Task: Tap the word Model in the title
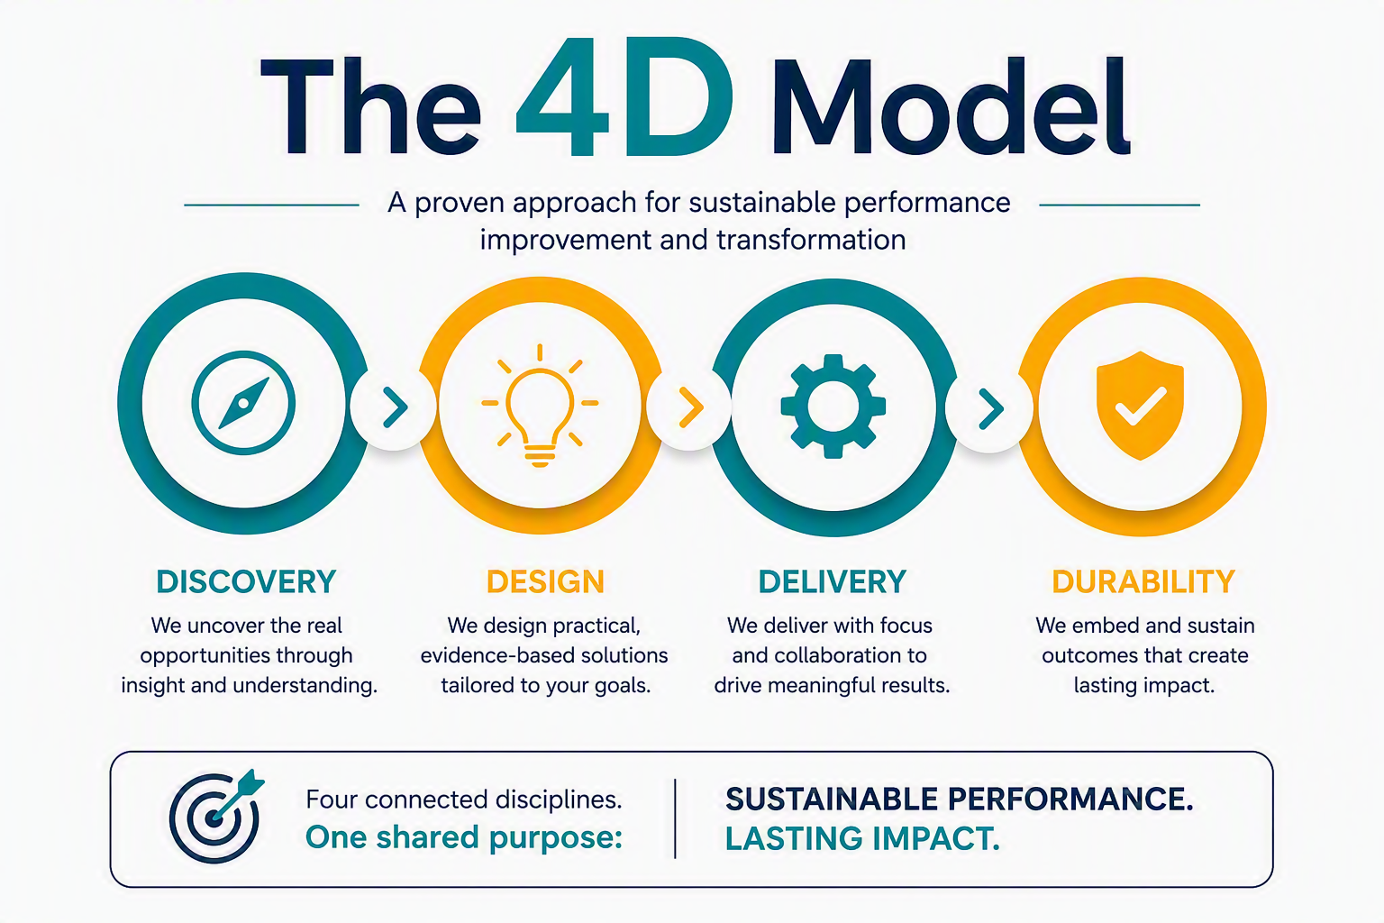coord(951,105)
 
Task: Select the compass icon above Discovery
coord(243,403)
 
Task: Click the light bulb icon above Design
coord(540,405)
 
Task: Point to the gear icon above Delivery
coord(833,407)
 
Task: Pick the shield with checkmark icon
coord(1140,406)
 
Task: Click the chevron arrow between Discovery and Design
coord(396,407)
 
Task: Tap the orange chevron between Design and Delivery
coord(691,407)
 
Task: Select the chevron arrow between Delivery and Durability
coord(991,408)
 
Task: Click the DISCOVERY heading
coord(246,581)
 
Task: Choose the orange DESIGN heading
coord(545,581)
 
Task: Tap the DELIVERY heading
coord(833,581)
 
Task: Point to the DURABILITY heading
coord(1143,581)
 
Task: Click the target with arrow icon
coord(215,817)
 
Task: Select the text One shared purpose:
coord(463,838)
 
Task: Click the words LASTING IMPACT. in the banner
coord(862,839)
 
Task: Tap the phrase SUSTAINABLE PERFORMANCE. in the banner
coord(959,800)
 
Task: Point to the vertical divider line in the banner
coord(675,818)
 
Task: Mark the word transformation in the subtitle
coord(811,240)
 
